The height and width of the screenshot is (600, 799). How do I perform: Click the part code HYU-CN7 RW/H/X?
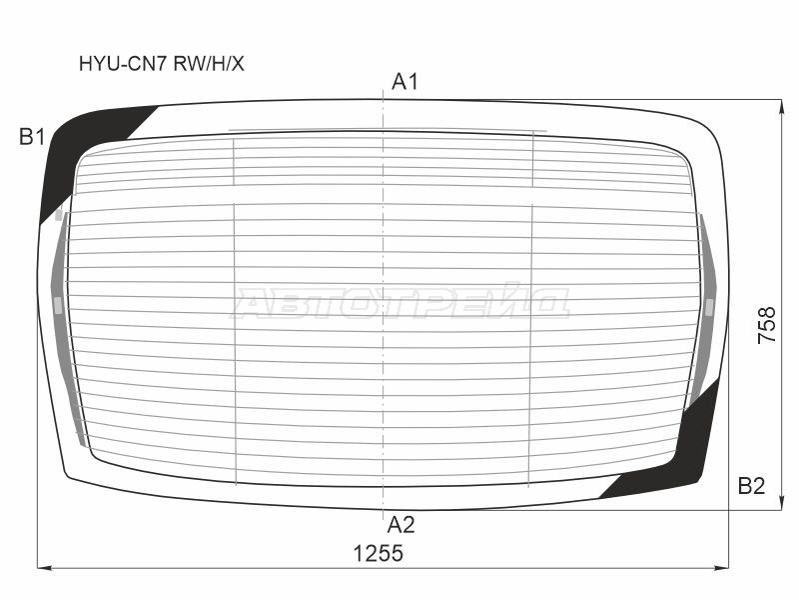(x=162, y=64)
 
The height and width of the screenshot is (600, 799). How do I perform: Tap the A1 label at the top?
(x=404, y=82)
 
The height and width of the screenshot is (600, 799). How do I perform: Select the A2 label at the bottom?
(x=401, y=524)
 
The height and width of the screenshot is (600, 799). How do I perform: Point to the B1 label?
(x=32, y=137)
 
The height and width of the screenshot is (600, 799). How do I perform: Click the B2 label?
(x=752, y=486)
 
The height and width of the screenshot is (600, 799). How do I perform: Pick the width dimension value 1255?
(x=379, y=554)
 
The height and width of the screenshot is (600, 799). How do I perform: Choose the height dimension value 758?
(x=767, y=324)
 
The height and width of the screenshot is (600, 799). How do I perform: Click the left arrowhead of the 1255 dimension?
(x=44, y=567)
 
